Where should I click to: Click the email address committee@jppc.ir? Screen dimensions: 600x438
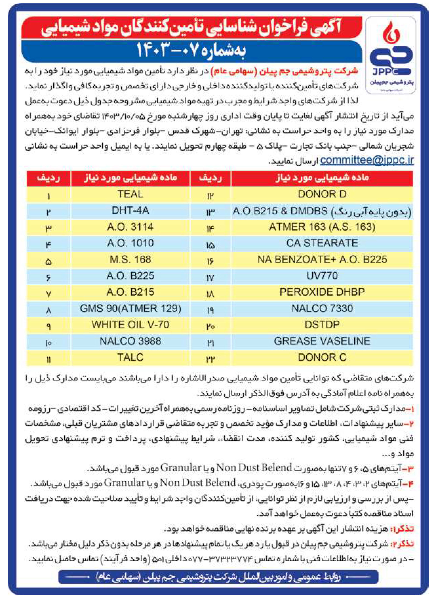point(367,161)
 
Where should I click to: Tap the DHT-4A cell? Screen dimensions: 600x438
point(130,211)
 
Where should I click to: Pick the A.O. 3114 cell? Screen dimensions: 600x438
point(130,227)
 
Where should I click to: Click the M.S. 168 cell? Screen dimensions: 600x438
point(130,260)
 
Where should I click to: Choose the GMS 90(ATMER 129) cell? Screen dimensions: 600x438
point(130,309)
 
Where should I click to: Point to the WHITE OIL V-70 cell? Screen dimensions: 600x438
point(130,325)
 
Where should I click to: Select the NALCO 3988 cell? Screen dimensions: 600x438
point(130,341)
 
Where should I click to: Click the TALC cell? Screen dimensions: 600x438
point(130,358)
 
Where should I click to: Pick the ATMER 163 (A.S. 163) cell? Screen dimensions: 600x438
point(322,227)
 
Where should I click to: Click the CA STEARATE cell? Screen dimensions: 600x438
point(322,243)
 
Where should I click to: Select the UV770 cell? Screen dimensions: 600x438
point(322,276)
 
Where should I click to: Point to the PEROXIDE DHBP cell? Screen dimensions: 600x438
point(322,292)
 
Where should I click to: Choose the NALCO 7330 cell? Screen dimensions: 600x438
point(322,309)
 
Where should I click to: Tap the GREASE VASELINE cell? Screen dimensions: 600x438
point(322,341)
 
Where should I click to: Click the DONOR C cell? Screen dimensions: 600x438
point(322,358)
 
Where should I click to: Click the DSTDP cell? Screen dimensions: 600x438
point(322,325)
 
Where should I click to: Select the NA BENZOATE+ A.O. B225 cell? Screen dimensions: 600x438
point(322,260)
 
